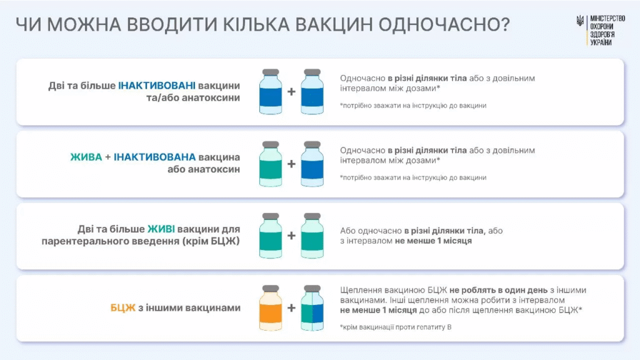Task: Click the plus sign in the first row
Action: click(x=291, y=92)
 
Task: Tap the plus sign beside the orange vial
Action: click(x=291, y=308)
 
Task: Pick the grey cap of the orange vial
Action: click(x=271, y=288)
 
